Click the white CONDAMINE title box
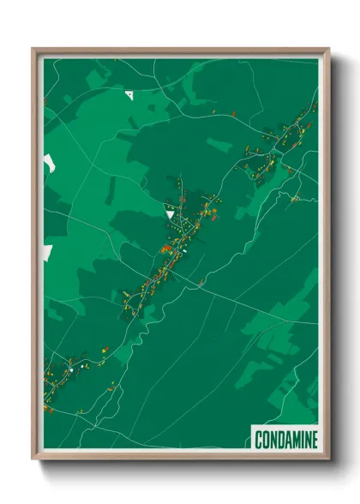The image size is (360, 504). pos(285,440)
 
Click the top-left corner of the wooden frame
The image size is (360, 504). pos(33,49)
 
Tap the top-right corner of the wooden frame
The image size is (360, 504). pos(328,49)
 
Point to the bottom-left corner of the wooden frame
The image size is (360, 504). pos(33,459)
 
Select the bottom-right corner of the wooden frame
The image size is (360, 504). pos(328,459)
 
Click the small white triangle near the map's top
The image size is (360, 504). pos(129,93)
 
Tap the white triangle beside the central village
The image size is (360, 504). pos(170,211)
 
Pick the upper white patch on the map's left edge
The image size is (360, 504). pos(48,162)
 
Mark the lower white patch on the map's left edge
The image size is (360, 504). pos(47,252)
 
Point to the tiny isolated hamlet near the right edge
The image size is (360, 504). pos(295,199)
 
